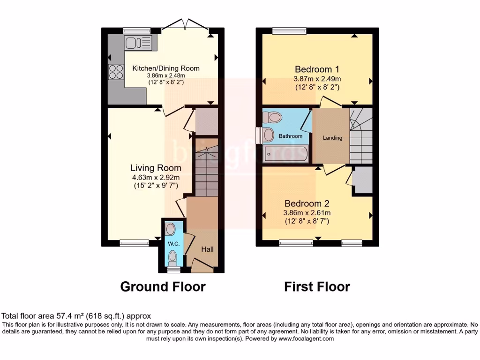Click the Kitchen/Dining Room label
click(x=165, y=68)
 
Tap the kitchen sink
click(x=139, y=43)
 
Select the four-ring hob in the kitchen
click(x=116, y=72)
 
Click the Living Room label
click(x=156, y=168)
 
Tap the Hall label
click(x=207, y=249)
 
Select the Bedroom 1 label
click(x=317, y=70)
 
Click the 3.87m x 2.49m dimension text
click(x=317, y=79)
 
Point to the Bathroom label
click(x=291, y=136)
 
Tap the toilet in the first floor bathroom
click(x=273, y=116)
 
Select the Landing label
click(x=332, y=138)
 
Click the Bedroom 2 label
click(x=307, y=203)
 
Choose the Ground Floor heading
click(x=163, y=286)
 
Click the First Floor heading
click(x=317, y=286)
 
